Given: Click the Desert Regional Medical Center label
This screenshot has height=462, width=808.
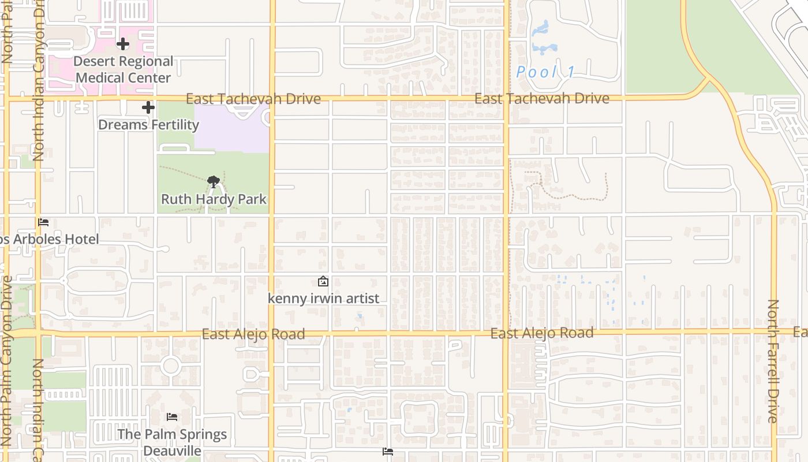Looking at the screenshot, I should click(x=124, y=69).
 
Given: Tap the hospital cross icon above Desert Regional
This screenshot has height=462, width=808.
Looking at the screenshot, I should click(x=122, y=43).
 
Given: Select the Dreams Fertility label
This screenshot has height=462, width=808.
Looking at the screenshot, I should click(x=148, y=125).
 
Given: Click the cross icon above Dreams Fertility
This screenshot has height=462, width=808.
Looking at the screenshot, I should click(x=148, y=107).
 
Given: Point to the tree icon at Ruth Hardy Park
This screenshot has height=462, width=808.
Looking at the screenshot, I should click(x=214, y=182).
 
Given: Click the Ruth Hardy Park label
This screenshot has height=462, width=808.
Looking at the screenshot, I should click(x=214, y=199).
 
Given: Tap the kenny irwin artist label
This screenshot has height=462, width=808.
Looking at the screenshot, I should click(x=323, y=299).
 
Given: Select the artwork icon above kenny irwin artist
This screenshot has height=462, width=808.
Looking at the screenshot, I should click(x=323, y=281).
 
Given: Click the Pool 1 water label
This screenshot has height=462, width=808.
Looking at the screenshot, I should click(x=545, y=72).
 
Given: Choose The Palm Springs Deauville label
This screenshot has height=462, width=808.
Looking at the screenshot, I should click(x=172, y=442).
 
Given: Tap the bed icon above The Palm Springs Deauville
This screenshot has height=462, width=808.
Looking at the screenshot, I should click(x=172, y=417).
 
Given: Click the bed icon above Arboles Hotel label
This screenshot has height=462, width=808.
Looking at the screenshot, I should click(x=43, y=222).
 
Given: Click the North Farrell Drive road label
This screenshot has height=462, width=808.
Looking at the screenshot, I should click(x=773, y=361).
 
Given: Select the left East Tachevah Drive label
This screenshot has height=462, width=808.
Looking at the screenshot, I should click(x=253, y=99).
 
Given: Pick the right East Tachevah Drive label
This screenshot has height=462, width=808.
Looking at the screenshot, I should click(x=541, y=99).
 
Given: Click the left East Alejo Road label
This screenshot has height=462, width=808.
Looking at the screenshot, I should click(x=253, y=334).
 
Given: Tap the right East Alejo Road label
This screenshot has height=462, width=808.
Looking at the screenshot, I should click(x=541, y=333).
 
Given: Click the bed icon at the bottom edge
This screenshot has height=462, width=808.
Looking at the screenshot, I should click(x=388, y=452).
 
